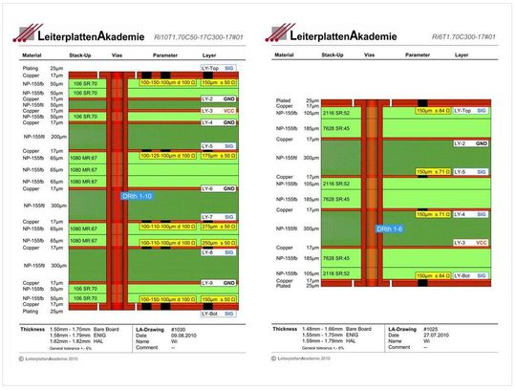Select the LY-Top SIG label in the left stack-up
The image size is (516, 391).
tap(217, 69)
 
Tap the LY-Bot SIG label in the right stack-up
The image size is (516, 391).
tap(472, 274)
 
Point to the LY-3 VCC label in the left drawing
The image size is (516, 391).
tap(217, 110)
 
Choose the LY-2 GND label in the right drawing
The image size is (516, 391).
tap(472, 143)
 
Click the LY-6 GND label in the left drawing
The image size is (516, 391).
tap(217, 188)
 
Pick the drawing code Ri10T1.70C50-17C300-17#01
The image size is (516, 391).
tap(206, 34)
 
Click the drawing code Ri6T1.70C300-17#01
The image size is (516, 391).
tap(464, 34)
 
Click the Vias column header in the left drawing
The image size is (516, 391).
tap(117, 56)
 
